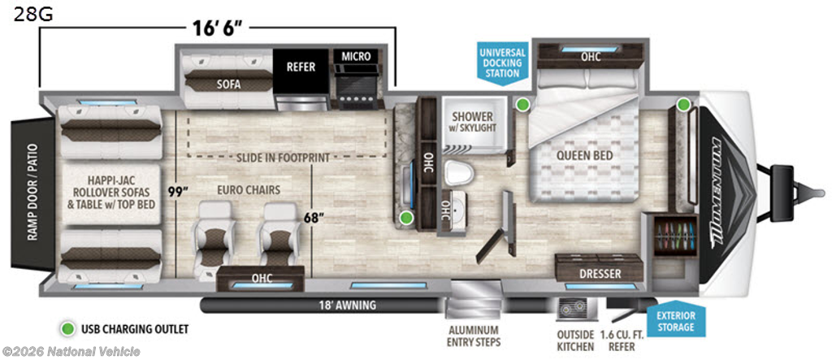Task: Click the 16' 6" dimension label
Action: (x=218, y=28)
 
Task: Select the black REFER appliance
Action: (x=301, y=67)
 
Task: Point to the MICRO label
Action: (x=356, y=56)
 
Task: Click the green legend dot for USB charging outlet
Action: (x=67, y=328)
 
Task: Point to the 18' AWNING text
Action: (x=348, y=306)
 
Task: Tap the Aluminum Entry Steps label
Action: (x=474, y=336)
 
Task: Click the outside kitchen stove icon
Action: (x=572, y=308)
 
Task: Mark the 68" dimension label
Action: (x=314, y=217)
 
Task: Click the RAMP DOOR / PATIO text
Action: (x=32, y=191)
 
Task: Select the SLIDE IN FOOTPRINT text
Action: (x=284, y=158)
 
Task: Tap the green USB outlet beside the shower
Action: (x=523, y=104)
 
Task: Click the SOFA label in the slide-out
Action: (x=229, y=84)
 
